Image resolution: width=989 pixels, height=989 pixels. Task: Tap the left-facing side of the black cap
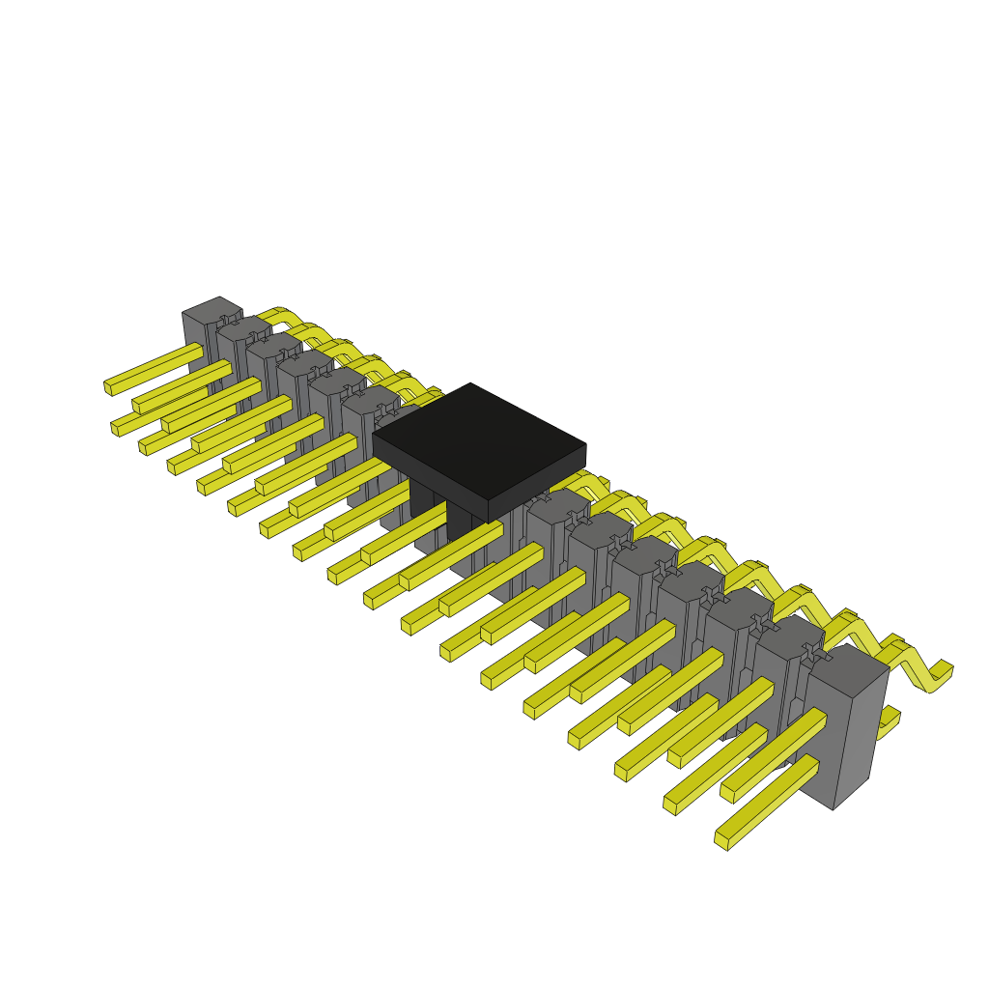430,471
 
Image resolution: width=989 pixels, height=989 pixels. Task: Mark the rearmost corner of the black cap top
470,384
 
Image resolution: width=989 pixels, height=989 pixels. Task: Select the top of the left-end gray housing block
212,310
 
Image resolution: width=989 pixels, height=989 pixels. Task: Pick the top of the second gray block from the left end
242,327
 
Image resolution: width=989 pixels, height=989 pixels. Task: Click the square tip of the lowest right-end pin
721,839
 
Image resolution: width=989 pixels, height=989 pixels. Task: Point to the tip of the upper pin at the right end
727,791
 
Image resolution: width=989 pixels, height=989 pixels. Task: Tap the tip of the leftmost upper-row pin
108,386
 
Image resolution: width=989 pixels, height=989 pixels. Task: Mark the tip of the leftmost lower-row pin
116,427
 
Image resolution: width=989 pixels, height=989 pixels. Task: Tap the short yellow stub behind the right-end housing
890,721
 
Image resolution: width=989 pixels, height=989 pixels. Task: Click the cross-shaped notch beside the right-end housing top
812,653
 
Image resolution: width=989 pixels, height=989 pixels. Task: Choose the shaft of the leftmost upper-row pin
155,368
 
